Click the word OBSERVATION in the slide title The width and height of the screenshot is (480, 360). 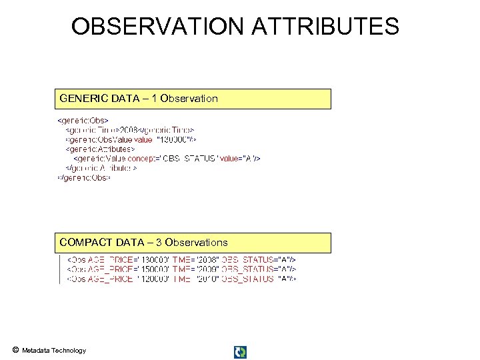(157, 27)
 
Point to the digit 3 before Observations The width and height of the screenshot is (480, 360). (159, 243)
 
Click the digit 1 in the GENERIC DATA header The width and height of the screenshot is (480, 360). (155, 99)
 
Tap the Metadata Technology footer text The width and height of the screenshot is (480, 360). (54, 351)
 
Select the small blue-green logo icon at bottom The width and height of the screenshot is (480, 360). (240, 352)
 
